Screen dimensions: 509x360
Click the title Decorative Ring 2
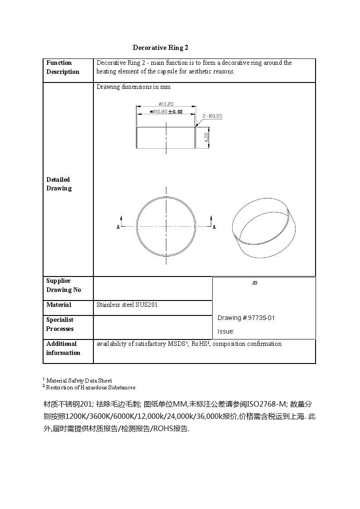(x=161, y=48)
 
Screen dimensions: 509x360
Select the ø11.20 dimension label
(x=166, y=104)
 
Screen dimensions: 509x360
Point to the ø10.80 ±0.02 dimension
(x=166, y=111)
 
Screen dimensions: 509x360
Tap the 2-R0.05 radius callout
(x=212, y=116)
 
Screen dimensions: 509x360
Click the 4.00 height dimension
(x=207, y=137)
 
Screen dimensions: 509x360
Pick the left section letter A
(x=118, y=227)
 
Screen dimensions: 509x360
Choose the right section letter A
(x=214, y=227)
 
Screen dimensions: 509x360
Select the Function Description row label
(x=63, y=67)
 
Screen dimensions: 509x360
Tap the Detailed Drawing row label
(x=58, y=184)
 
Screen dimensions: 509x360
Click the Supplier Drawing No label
(x=63, y=285)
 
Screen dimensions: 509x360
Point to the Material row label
(x=58, y=305)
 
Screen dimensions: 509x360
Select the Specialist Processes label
(x=60, y=324)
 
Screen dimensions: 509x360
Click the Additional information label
(x=63, y=348)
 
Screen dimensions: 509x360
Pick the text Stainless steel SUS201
(x=127, y=305)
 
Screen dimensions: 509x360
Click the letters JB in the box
(x=254, y=283)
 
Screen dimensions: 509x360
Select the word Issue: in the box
(x=226, y=331)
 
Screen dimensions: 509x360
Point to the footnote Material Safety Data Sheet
(x=79, y=380)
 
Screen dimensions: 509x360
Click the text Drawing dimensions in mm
(x=133, y=87)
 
